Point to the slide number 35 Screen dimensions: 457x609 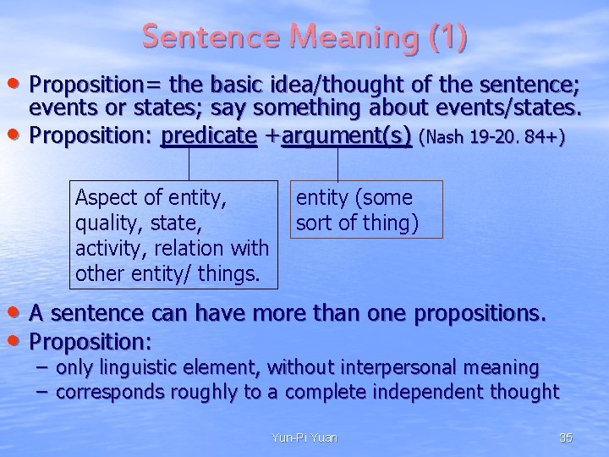(x=566, y=437)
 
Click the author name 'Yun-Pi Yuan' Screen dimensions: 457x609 (x=305, y=437)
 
